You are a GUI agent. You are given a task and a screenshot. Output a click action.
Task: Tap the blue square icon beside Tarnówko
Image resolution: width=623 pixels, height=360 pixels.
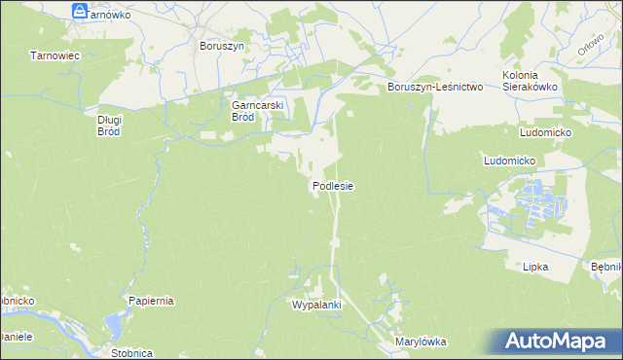tap(80, 11)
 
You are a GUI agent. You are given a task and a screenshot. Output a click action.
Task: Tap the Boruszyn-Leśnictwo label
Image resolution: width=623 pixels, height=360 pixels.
tap(435, 87)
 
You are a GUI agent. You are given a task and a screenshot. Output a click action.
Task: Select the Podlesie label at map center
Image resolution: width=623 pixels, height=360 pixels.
tap(332, 185)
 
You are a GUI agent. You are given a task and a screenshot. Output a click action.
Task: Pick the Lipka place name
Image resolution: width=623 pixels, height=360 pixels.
tap(535, 266)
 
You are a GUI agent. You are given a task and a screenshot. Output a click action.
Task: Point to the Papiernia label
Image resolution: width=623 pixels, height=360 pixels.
tap(150, 301)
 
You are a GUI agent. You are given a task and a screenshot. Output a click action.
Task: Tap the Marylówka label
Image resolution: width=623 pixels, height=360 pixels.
tap(420, 342)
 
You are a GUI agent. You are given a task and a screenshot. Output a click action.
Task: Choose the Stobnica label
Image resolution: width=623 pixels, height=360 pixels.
tap(131, 353)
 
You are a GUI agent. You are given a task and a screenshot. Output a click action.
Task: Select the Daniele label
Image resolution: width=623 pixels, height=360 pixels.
tap(16, 337)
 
